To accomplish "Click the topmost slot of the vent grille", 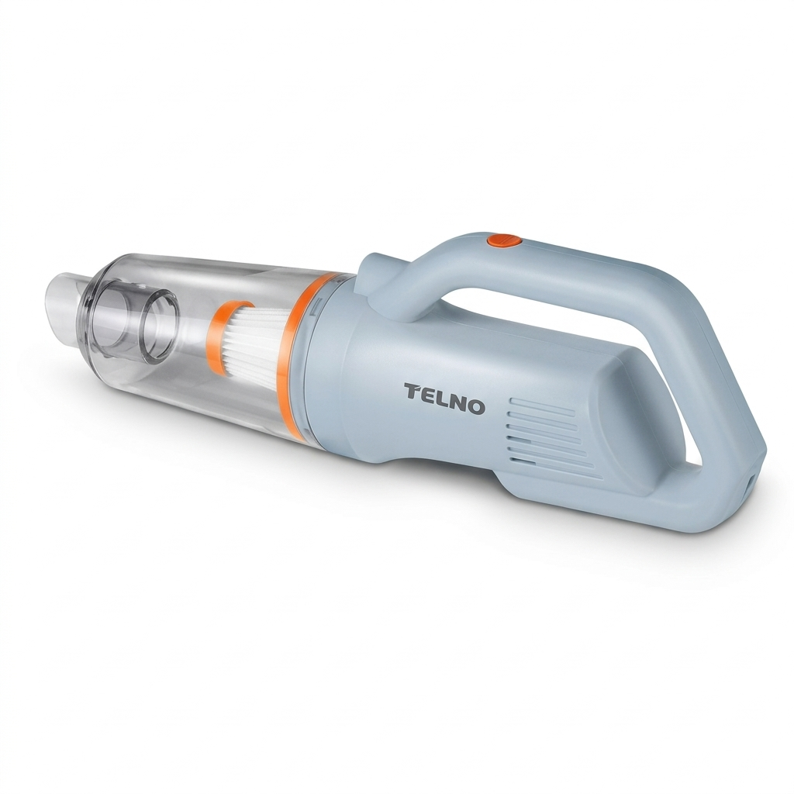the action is click(542, 406).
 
